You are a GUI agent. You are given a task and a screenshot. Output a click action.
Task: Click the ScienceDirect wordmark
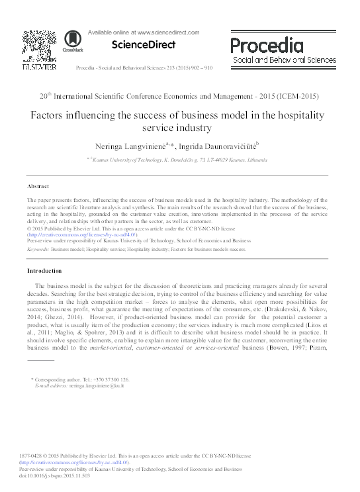tap(144, 45)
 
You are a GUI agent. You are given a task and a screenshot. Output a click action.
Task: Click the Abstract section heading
tap(38, 187)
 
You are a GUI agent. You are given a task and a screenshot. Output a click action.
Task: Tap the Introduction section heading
tap(44, 271)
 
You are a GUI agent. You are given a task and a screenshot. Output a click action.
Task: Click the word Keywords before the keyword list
tap(36, 250)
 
